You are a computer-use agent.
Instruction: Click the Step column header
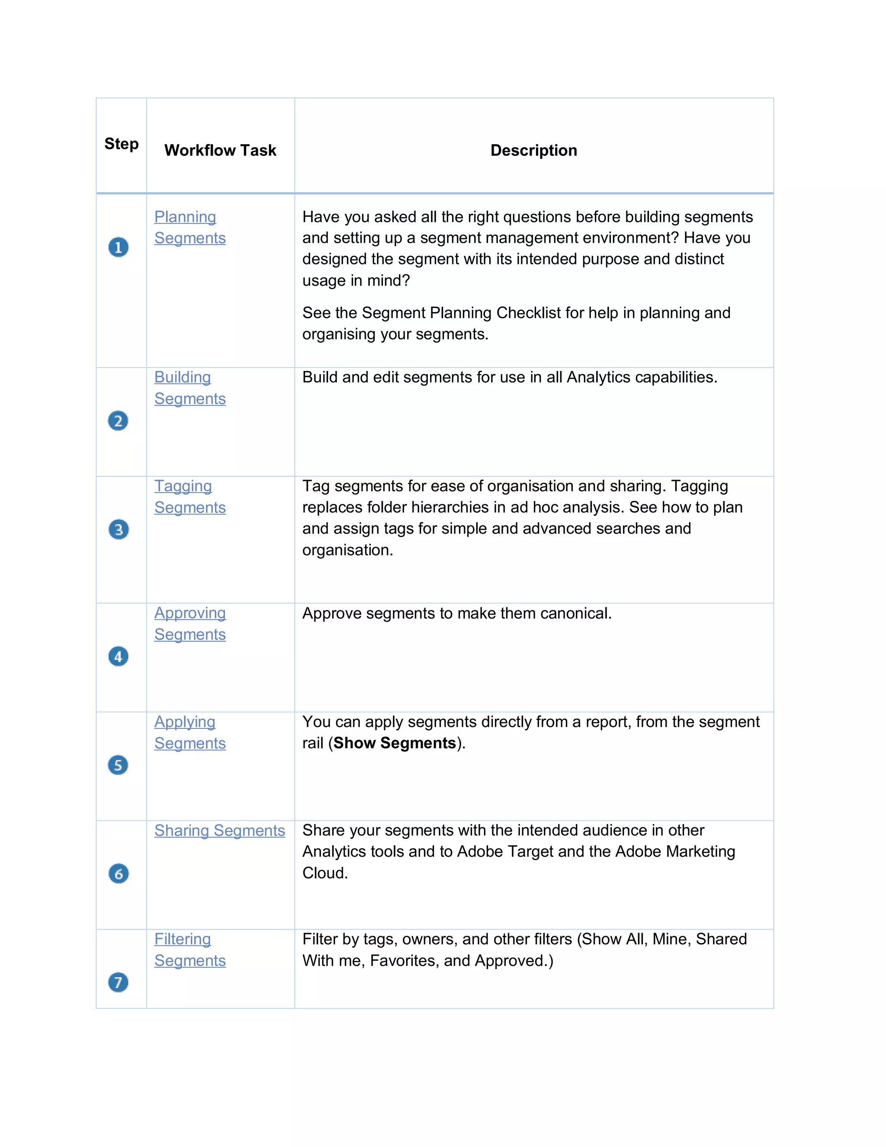pyautogui.click(x=121, y=143)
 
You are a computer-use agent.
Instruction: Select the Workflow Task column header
pyautogui.click(x=220, y=150)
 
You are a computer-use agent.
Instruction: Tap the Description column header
pyautogui.click(x=533, y=150)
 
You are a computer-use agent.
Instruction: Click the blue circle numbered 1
pyautogui.click(x=118, y=247)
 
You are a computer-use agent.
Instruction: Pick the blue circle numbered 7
pyautogui.click(x=118, y=982)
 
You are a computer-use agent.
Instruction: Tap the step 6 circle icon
pyautogui.click(x=118, y=873)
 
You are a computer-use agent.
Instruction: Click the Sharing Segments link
pyautogui.click(x=219, y=830)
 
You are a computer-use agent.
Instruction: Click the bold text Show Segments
pyautogui.click(x=394, y=743)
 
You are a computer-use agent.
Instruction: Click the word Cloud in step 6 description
pyautogui.click(x=324, y=873)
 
